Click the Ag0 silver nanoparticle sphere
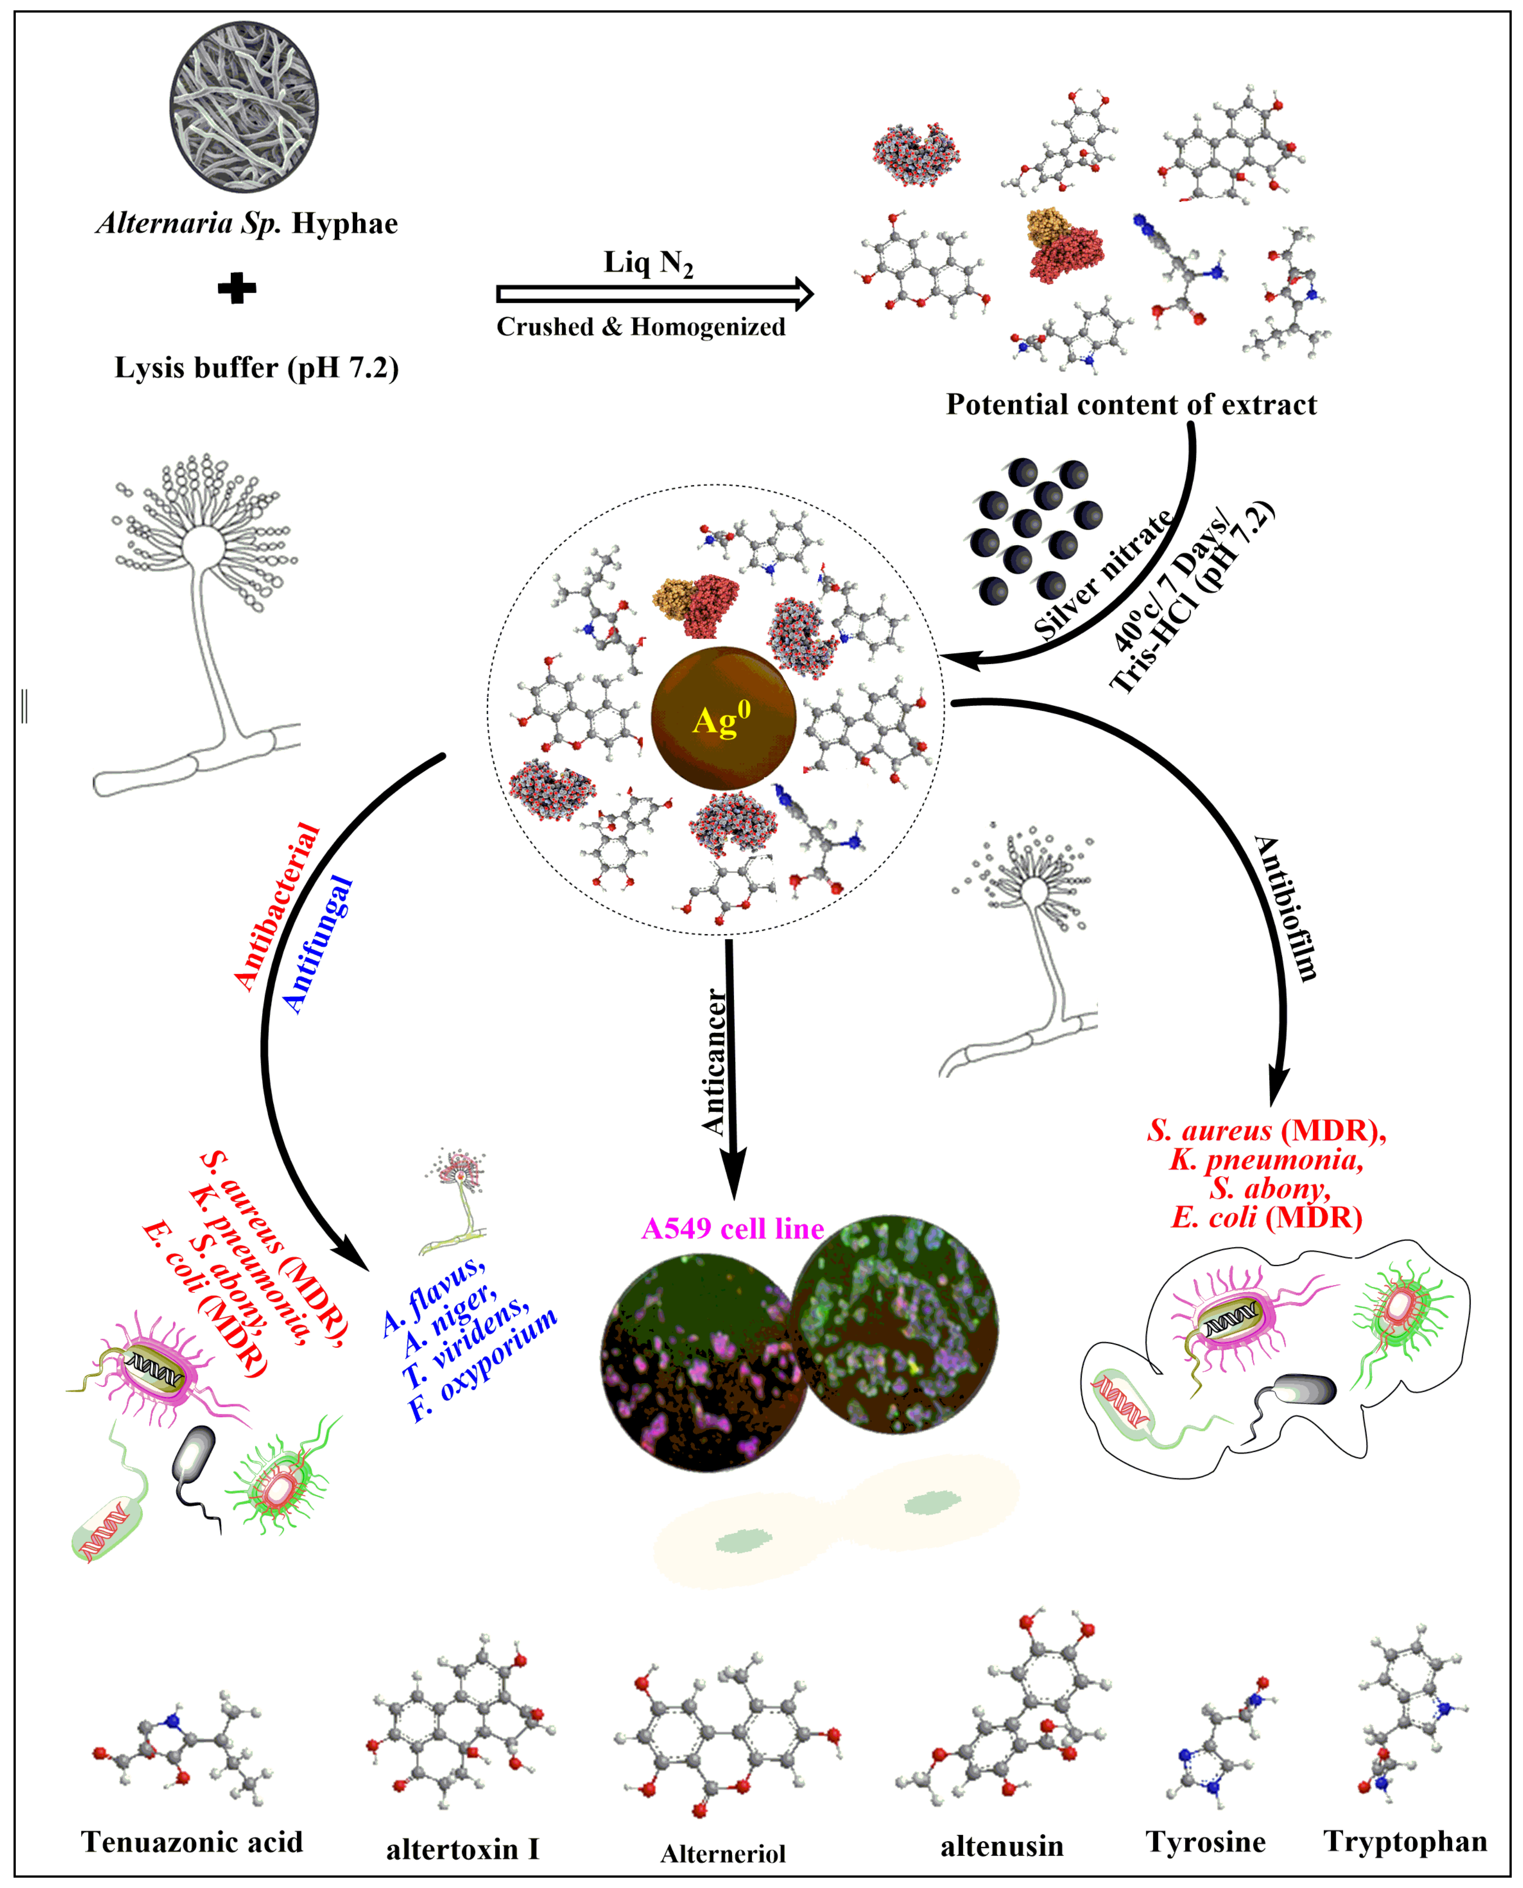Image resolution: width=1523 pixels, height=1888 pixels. click(724, 718)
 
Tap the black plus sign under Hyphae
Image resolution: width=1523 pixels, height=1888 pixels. click(237, 288)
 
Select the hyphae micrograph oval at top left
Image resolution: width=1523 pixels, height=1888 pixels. click(244, 107)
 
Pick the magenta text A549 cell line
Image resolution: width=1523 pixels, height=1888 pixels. click(733, 1228)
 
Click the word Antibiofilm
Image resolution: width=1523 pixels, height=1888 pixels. click(1286, 908)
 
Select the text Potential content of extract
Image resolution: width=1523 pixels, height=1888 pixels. click(1131, 404)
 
